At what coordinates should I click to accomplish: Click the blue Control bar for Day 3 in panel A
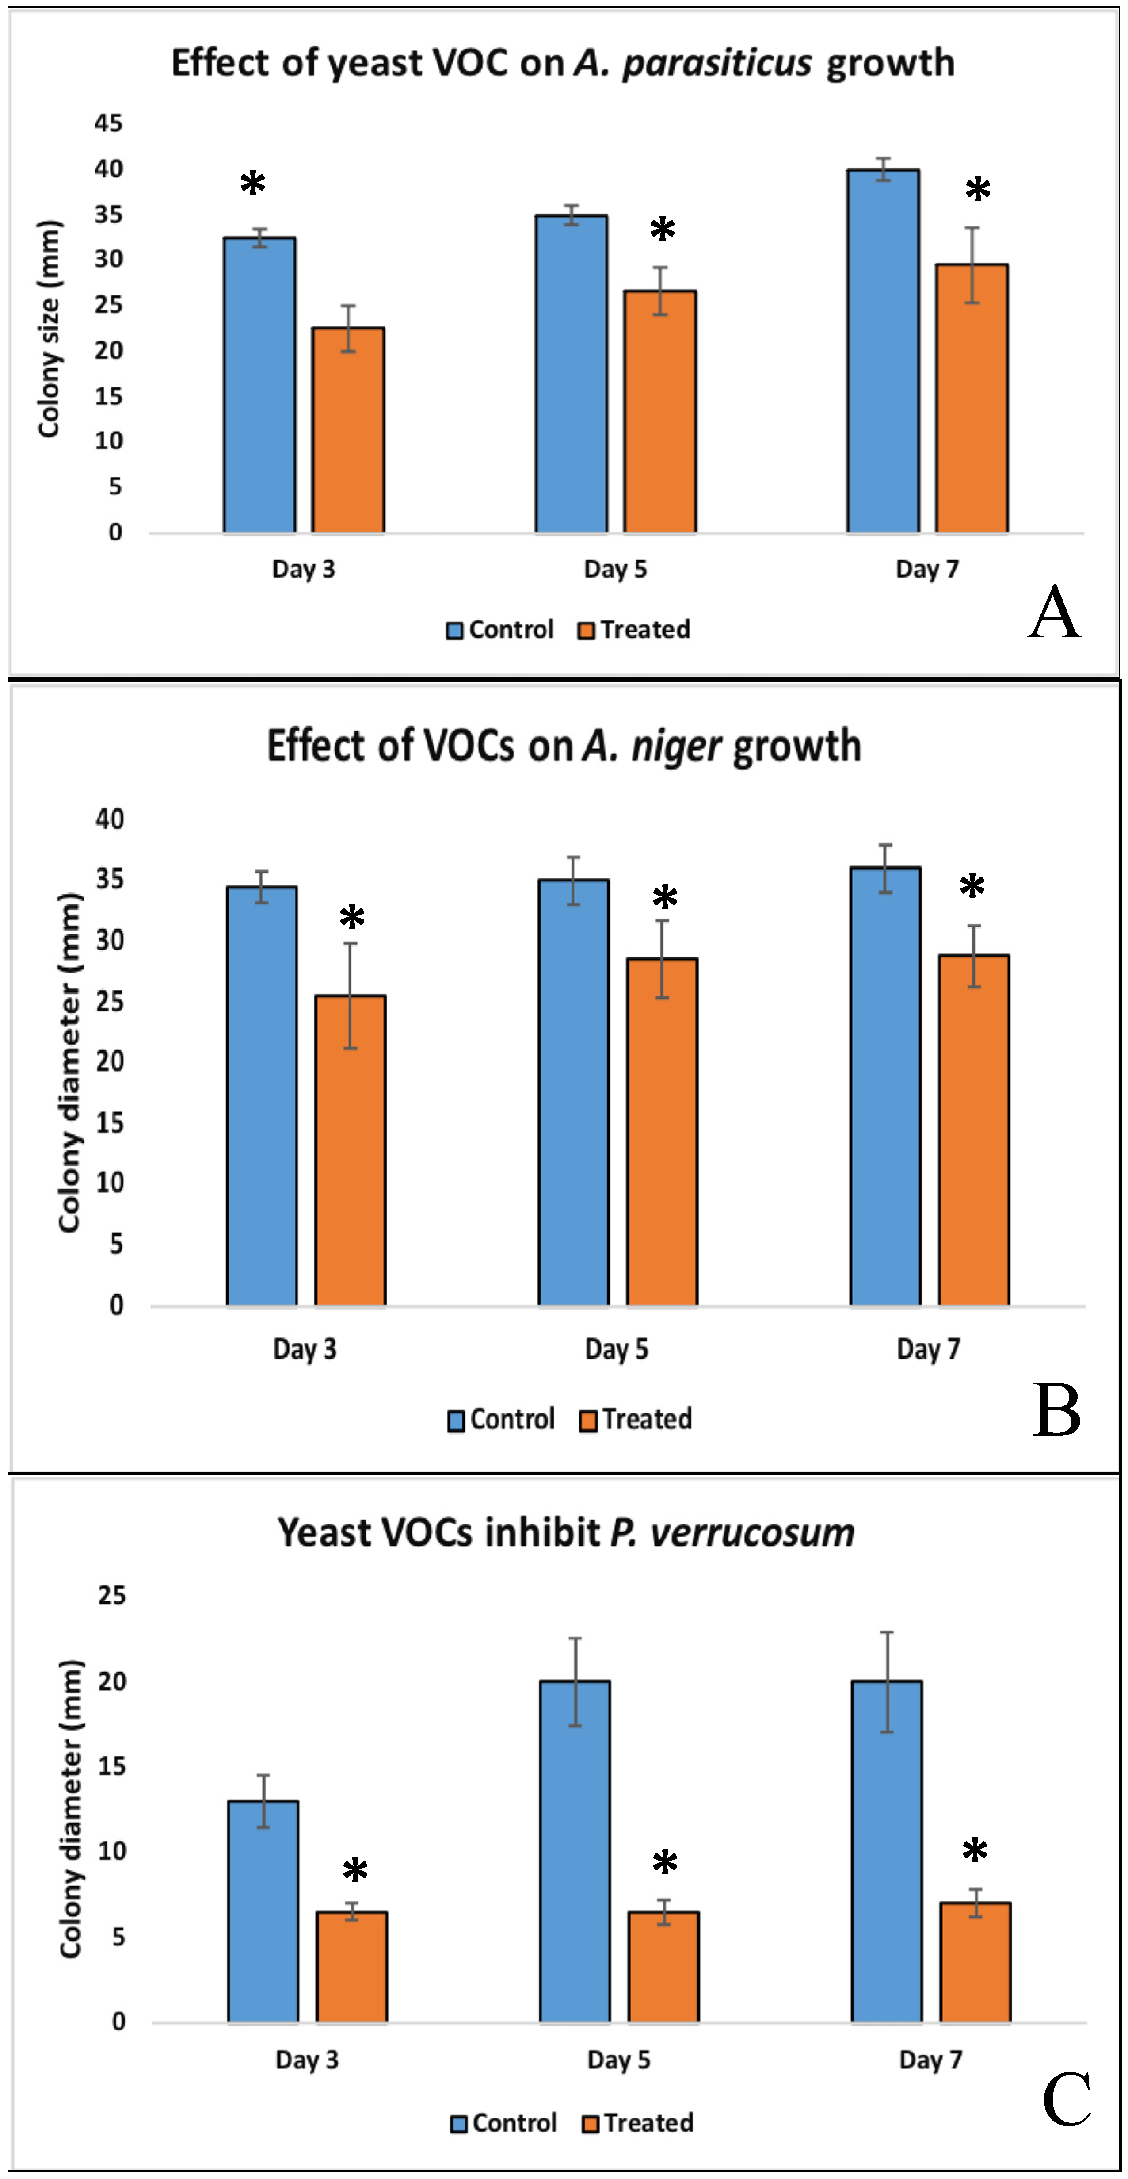tap(259, 385)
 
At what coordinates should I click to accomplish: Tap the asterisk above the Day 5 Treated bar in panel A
tap(662, 228)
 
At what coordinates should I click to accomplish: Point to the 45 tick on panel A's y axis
tap(108, 123)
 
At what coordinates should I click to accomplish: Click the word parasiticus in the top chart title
tap(717, 63)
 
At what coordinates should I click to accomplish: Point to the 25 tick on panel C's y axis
tap(112, 1595)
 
